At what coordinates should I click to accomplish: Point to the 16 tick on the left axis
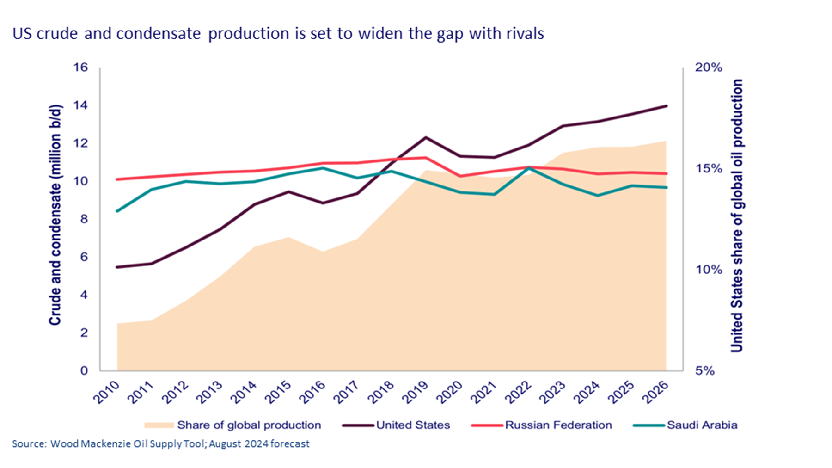tap(80, 68)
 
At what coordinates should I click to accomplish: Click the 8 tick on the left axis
tap(84, 219)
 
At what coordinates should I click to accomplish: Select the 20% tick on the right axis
tap(708, 68)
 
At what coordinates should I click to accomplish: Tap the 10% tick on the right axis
tap(708, 270)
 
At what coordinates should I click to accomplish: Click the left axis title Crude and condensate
tap(55, 215)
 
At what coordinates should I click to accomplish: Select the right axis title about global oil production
tap(737, 216)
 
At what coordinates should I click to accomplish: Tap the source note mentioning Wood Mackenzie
tap(160, 444)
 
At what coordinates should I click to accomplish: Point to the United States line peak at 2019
tap(425, 137)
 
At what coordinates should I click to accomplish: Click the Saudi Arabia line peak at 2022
tap(528, 168)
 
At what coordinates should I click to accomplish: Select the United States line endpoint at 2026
tap(666, 106)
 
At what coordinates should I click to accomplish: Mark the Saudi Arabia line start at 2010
tap(117, 211)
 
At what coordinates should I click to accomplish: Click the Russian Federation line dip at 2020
tap(460, 176)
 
